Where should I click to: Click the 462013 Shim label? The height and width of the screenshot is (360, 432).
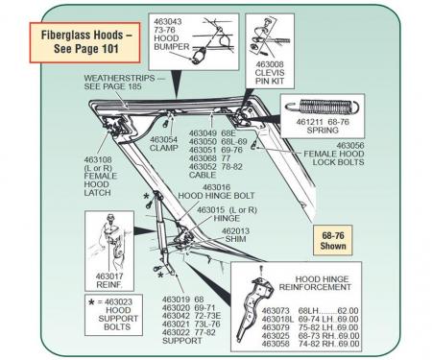[240, 236]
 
